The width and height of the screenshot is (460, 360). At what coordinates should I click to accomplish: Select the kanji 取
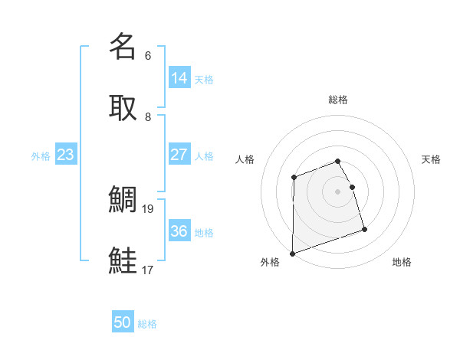[123, 107]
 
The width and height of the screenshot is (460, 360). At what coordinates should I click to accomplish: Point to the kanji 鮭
[123, 260]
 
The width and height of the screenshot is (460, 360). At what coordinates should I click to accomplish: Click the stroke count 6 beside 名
[148, 56]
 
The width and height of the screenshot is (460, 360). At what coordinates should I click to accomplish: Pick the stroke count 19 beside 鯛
[149, 208]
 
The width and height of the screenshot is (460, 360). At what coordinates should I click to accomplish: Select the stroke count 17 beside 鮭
[149, 270]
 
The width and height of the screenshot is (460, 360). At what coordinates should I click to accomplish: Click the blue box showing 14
[179, 78]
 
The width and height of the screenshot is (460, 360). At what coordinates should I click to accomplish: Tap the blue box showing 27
[179, 155]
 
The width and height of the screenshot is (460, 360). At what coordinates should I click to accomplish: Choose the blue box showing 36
[179, 231]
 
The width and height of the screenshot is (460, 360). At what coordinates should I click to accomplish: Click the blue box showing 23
[66, 155]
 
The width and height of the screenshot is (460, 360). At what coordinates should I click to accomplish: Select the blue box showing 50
[123, 322]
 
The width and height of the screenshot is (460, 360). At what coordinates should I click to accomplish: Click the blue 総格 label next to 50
[147, 324]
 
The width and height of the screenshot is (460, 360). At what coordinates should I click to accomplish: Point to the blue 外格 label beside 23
[41, 156]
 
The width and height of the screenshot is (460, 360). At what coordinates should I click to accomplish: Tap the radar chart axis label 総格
[338, 100]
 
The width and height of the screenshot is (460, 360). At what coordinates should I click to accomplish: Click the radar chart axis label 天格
[432, 159]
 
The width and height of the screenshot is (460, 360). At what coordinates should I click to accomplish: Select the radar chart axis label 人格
[245, 159]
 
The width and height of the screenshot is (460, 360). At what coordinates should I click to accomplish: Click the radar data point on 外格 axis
[292, 253]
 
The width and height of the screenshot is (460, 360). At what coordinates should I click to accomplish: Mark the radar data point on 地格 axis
[364, 229]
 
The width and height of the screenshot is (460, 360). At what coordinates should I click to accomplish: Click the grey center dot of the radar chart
[338, 191]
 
